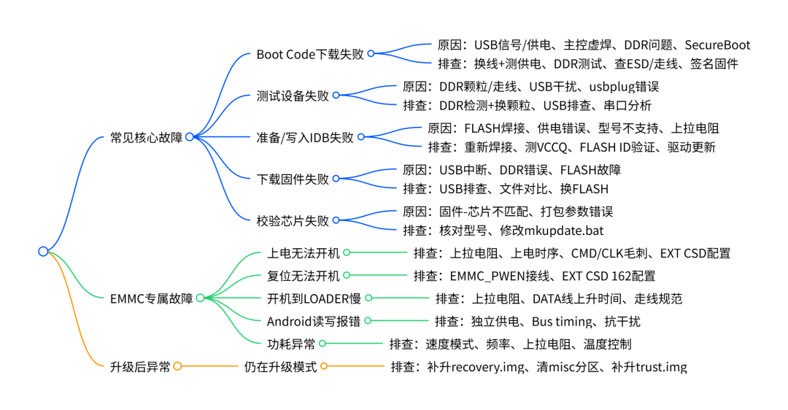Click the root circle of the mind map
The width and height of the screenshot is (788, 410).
pyautogui.click(x=43, y=251)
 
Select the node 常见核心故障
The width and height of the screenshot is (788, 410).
pyautogui.click(x=146, y=137)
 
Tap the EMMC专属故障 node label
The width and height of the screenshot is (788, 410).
pyautogui.click(x=151, y=298)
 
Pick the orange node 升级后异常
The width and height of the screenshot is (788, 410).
pyautogui.click(x=140, y=367)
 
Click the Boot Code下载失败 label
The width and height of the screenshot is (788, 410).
pyautogui.click(x=310, y=54)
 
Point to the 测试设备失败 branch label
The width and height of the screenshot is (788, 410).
pyautogui.click(x=293, y=96)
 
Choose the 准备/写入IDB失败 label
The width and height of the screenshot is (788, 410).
pyautogui.click(x=305, y=137)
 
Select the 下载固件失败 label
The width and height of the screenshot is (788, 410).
pyautogui.click(x=293, y=179)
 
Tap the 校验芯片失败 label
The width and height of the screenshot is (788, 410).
pyautogui.click(x=293, y=220)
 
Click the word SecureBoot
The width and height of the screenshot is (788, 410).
pyautogui.click(x=717, y=45)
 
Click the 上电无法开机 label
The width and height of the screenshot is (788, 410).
pyautogui.click(x=303, y=252)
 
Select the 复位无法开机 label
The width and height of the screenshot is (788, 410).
pyautogui.click(x=303, y=276)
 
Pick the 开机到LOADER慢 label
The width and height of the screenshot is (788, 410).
pyautogui.click(x=314, y=298)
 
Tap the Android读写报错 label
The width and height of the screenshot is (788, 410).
pyautogui.click(x=314, y=321)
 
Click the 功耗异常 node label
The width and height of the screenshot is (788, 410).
pyautogui.click(x=291, y=344)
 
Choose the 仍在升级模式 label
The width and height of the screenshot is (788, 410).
pyautogui.click(x=280, y=367)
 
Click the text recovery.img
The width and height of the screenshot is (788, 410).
pyautogui.click(x=487, y=367)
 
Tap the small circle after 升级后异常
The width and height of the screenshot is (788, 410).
pyautogui.click(x=177, y=366)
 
